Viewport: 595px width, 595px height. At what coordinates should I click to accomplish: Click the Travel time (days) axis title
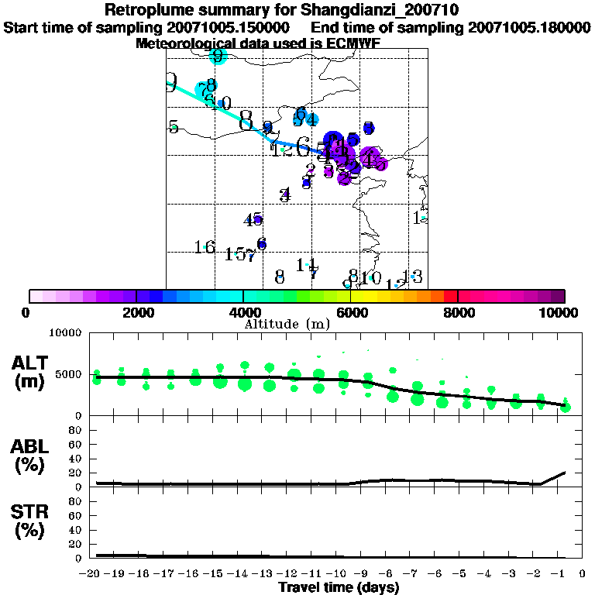coord(339,587)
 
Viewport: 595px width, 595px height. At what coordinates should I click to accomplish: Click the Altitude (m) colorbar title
coord(297,323)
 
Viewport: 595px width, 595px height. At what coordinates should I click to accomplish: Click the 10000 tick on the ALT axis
coord(65,334)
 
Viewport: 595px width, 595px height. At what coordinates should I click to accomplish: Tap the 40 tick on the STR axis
coord(74,530)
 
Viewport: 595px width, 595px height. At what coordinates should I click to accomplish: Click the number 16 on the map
coord(205,247)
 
